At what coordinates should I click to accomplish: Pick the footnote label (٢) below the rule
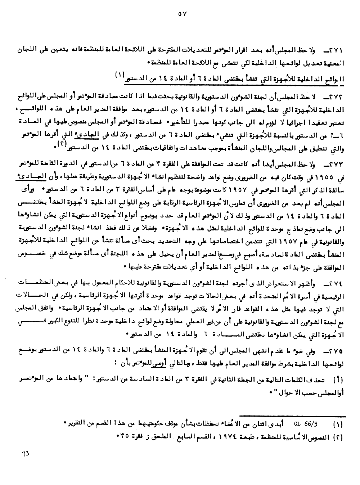338,437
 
